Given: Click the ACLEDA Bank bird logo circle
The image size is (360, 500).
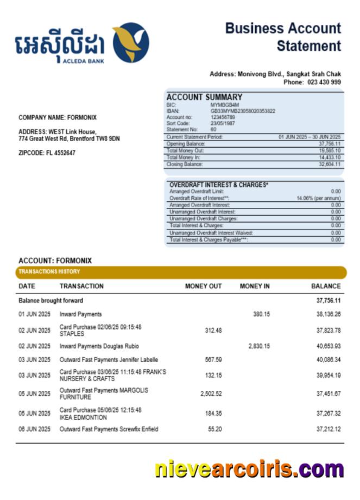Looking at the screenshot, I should [131, 42].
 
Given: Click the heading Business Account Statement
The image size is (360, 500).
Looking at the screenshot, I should [283, 37].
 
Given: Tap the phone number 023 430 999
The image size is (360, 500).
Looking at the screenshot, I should [324, 82].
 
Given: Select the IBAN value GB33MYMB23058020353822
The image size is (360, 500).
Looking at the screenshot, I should [243, 111].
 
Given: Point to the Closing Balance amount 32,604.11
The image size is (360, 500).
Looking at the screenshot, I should [330, 164].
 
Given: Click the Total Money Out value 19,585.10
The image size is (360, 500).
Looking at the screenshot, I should [330, 150].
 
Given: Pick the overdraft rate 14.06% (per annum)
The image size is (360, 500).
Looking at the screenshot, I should [319, 199].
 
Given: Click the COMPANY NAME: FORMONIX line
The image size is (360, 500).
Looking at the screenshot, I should [58, 117].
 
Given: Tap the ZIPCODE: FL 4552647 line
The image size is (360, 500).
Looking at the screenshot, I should [47, 153].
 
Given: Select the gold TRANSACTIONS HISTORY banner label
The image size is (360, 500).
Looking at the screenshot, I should [49, 271].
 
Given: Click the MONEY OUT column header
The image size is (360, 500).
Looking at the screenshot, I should [203, 286].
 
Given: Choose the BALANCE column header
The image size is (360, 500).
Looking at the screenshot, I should [326, 286].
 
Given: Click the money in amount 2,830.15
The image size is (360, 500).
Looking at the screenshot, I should [259, 346].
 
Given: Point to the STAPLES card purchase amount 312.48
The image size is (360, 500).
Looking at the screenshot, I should [213, 331].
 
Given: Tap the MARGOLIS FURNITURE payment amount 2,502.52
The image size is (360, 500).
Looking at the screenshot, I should [211, 394].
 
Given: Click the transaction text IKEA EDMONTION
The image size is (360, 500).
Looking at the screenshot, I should [83, 417].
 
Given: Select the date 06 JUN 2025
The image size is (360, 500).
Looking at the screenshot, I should [34, 429].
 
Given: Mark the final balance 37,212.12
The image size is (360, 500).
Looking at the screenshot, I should [329, 429].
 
